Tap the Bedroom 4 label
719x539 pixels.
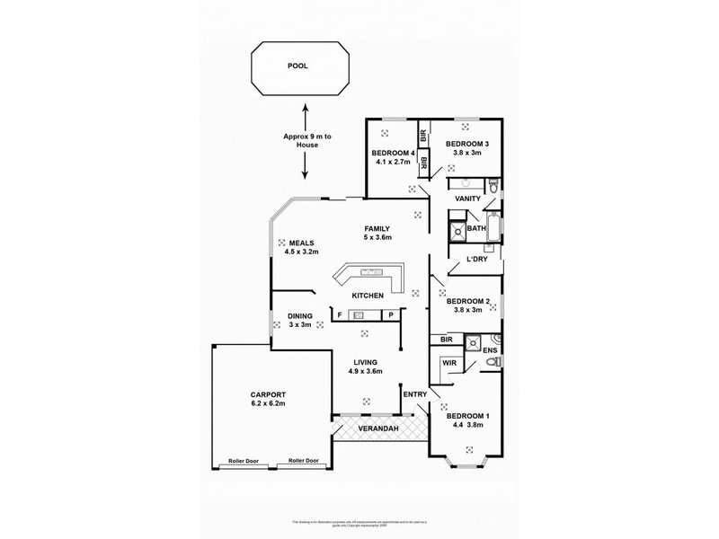point(394,154)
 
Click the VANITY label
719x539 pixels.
point(467,199)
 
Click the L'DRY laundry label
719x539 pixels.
point(476,260)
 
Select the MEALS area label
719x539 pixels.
point(302,243)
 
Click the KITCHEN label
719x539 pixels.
point(368,296)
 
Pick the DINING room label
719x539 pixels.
point(300,315)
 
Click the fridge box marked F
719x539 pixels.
point(340,315)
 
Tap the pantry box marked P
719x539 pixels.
point(392,315)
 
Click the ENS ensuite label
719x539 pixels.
point(490,350)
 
